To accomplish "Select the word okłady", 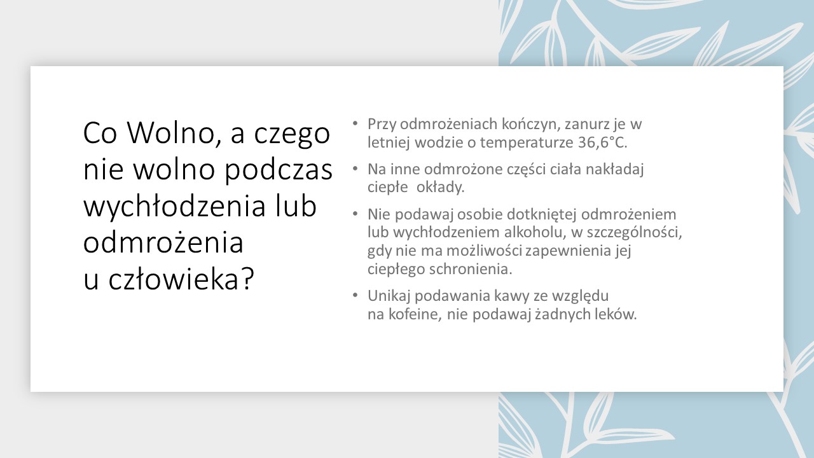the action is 441,188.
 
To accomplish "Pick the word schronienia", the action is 471,269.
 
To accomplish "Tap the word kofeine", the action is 415,314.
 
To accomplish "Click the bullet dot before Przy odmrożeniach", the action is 355,123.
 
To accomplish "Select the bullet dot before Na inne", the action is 355,169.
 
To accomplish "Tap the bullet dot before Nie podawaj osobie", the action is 355,213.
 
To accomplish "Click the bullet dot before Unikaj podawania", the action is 355,295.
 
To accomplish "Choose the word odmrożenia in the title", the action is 163,242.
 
